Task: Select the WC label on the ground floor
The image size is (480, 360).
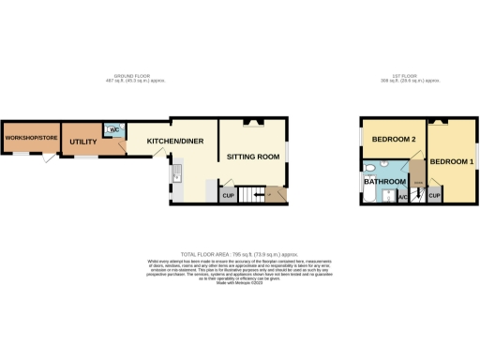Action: tap(112, 129)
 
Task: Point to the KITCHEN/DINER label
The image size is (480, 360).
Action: tap(174, 141)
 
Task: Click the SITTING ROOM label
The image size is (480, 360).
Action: tap(254, 157)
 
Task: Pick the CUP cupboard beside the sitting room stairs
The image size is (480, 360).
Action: tap(228, 196)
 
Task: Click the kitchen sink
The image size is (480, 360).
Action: tap(173, 173)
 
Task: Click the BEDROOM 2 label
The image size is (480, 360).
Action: tap(394, 140)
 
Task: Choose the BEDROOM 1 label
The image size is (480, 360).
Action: tap(452, 162)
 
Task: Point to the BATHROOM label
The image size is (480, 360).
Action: tap(385, 181)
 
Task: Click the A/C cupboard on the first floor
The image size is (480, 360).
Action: tap(402, 197)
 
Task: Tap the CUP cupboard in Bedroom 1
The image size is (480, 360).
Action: tap(434, 196)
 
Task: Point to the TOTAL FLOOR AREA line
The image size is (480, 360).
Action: tap(240, 253)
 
